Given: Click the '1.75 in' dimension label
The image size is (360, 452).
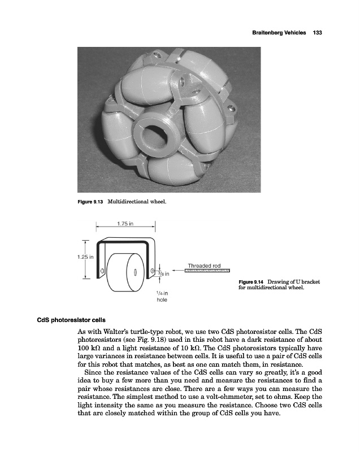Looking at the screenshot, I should pos(125,223).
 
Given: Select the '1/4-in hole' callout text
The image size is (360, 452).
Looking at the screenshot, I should pos(162,297).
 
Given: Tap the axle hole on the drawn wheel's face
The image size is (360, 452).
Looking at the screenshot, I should pos(135,272).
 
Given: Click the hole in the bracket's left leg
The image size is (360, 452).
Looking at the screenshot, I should pos(102,271).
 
